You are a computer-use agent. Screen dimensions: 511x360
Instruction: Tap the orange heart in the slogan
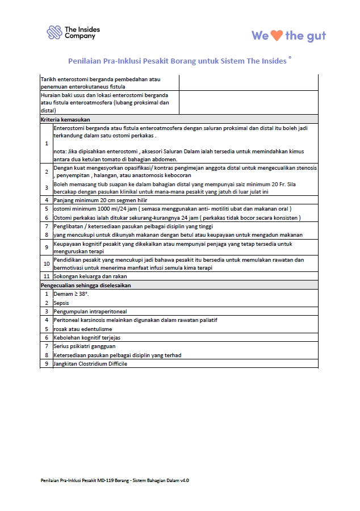[x=277, y=35]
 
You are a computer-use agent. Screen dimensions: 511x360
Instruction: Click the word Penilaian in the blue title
[x=86, y=61]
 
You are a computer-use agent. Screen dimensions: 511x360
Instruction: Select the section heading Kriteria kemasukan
[x=66, y=120]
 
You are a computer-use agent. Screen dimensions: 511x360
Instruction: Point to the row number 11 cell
[x=46, y=277]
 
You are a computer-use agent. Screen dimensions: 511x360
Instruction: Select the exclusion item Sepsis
[x=61, y=303]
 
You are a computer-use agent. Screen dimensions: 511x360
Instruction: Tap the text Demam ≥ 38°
[x=71, y=294]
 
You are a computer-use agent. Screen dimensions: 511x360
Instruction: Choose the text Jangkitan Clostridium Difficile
[x=90, y=363]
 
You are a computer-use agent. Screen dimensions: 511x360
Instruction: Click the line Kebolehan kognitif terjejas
[x=86, y=337]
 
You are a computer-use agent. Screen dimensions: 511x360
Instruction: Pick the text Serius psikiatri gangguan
[x=85, y=346]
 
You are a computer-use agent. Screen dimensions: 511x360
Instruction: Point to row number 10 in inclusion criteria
[x=46, y=264]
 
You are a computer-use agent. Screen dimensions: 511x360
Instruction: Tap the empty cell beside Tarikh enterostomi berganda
[x=248, y=83]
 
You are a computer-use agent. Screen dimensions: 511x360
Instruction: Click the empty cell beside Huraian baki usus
[x=248, y=103]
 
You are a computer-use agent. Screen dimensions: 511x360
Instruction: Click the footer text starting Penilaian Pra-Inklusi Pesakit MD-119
[x=114, y=480]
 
